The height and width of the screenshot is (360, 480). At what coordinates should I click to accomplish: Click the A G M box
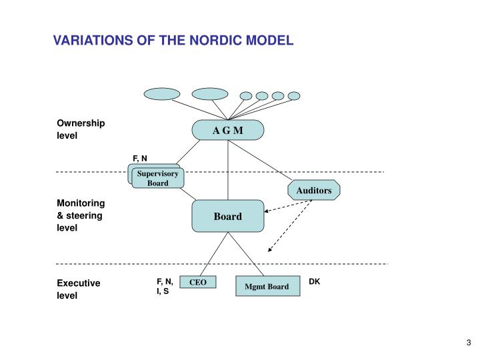[228, 130]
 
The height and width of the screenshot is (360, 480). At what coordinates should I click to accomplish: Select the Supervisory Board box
[157, 178]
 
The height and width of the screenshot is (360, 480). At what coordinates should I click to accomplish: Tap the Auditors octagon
[314, 191]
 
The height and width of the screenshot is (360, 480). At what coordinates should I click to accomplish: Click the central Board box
[228, 217]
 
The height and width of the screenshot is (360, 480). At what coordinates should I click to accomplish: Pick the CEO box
[198, 283]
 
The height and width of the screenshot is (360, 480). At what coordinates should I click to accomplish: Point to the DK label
[315, 282]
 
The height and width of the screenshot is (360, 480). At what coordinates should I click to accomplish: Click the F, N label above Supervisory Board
[140, 158]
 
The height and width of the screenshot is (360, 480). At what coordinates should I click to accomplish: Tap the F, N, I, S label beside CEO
[165, 287]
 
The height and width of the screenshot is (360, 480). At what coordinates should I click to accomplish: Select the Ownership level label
[81, 129]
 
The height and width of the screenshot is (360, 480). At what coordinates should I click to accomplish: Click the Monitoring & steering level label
[81, 215]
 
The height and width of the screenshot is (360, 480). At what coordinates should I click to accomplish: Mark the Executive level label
[78, 289]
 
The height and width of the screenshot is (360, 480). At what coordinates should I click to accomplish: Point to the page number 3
[469, 343]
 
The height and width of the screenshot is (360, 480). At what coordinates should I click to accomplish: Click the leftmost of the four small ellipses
[246, 95]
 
